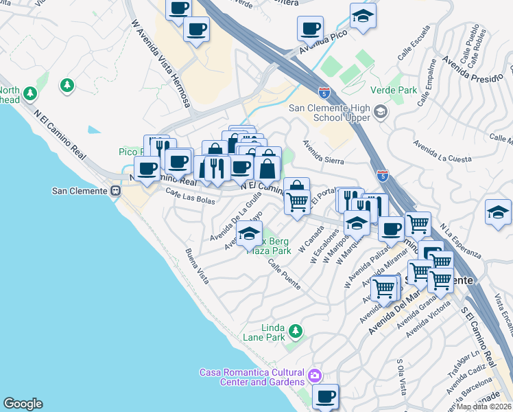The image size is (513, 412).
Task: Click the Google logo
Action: coord(23,404)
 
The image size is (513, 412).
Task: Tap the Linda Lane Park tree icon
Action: coord(296,332)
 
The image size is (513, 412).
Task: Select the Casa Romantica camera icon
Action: coord(314,376)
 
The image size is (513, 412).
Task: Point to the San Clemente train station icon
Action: coord(115,191)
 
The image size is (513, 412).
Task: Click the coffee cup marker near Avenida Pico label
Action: coord(310,29)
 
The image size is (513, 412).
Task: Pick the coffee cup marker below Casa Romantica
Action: coord(325,396)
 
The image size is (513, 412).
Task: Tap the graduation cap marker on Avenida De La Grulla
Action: coord(250,234)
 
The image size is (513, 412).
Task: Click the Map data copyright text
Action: coord(484,407)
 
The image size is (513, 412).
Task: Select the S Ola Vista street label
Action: coord(401,374)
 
